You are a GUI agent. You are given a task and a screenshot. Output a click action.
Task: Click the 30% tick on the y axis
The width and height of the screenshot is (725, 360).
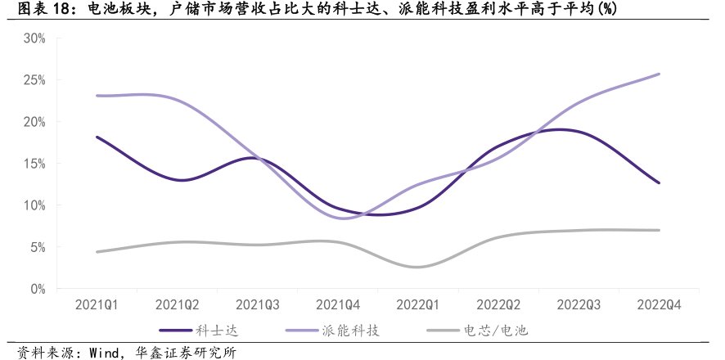click(34, 38)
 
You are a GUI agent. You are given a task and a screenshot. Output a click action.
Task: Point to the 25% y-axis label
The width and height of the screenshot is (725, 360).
click(34, 80)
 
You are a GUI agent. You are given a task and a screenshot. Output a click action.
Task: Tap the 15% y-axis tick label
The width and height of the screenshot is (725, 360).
click(34, 164)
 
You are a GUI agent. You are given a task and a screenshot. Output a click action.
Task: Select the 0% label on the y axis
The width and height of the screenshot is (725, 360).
click(38, 289)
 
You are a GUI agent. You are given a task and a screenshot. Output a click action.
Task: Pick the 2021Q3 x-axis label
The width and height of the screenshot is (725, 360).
click(258, 304)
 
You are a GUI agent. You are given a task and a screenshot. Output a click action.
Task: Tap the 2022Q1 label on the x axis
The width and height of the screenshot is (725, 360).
click(418, 304)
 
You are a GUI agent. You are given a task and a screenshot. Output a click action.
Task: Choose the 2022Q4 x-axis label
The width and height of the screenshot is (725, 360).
click(659, 304)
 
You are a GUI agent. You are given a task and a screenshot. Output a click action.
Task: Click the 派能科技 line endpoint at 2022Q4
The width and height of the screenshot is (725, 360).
click(659, 74)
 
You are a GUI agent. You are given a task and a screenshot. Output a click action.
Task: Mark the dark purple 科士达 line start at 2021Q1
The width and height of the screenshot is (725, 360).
click(97, 137)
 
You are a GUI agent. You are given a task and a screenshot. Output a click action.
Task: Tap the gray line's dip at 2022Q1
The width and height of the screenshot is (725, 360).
click(418, 267)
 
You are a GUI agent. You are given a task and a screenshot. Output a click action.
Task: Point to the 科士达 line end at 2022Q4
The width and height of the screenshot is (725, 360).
click(659, 182)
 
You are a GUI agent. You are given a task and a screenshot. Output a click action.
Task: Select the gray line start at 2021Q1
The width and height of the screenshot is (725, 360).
click(97, 252)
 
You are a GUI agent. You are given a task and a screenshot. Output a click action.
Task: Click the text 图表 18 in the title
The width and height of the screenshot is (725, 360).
click(29, 9)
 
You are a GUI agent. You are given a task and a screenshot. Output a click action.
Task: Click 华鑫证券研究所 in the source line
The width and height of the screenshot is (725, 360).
click(181, 352)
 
